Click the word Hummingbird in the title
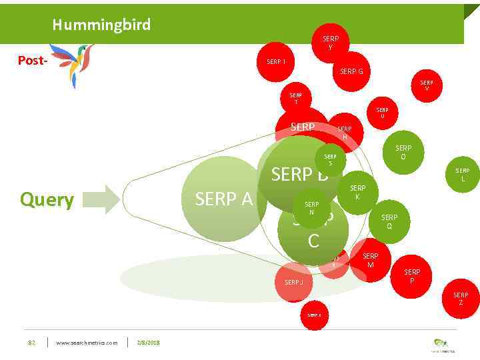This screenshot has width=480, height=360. pyautogui.click(x=101, y=25)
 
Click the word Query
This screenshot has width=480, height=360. pyautogui.click(x=47, y=199)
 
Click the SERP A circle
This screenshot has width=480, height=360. pyautogui.click(x=224, y=199)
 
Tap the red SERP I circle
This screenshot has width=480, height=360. pyautogui.click(x=277, y=62)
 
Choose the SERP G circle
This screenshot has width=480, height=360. pyautogui.click(x=351, y=71)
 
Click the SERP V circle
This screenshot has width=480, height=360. pyautogui.click(x=427, y=86)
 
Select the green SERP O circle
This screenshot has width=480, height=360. pyautogui.click(x=403, y=153)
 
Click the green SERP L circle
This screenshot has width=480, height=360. pyautogui.click(x=462, y=175)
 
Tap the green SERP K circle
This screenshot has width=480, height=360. pyautogui.click(x=358, y=193)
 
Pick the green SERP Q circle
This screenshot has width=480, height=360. pyautogui.click(x=389, y=221)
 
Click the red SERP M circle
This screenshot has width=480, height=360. pyautogui.click(x=370, y=261)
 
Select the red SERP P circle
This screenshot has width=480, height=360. pyautogui.click(x=412, y=276)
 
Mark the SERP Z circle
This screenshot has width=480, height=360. pyautogui.click(x=461, y=299)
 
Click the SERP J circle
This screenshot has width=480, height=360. pyautogui.click(x=293, y=282)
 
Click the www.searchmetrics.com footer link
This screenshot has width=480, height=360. pyautogui.click(x=87, y=343)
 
